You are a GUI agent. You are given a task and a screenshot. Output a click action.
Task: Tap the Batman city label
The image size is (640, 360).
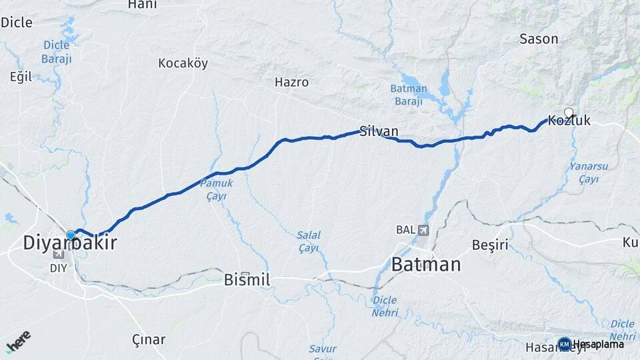[x=425, y=265]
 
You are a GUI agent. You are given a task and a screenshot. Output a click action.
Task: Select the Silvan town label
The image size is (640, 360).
[x=379, y=131]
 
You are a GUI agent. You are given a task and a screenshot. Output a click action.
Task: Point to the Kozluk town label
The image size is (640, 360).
[x=569, y=121]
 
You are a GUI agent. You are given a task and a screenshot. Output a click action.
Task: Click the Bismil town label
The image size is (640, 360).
[x=247, y=280]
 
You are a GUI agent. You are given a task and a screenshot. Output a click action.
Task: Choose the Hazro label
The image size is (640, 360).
[x=291, y=83]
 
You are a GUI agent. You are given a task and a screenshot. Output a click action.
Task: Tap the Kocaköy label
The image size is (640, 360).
[x=183, y=64]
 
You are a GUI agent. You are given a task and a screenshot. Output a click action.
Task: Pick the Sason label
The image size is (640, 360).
[x=539, y=39]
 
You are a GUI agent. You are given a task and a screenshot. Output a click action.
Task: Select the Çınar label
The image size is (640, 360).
[x=148, y=339]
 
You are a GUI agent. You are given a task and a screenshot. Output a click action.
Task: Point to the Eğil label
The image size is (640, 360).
[x=21, y=76]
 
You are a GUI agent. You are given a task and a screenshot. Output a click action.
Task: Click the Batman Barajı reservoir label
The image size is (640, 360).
[x=407, y=95]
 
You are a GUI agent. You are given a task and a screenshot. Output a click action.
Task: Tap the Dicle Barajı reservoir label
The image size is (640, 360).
[x=57, y=51]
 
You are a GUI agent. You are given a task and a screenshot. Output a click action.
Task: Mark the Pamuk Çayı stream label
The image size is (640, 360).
[x=216, y=189]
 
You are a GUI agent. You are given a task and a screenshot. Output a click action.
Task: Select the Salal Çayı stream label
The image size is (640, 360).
[x=309, y=241]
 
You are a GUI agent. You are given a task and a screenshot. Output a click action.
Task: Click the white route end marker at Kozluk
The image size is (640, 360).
[x=569, y=113]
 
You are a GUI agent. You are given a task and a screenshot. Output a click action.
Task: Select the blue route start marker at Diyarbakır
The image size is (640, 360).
[x=71, y=235]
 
